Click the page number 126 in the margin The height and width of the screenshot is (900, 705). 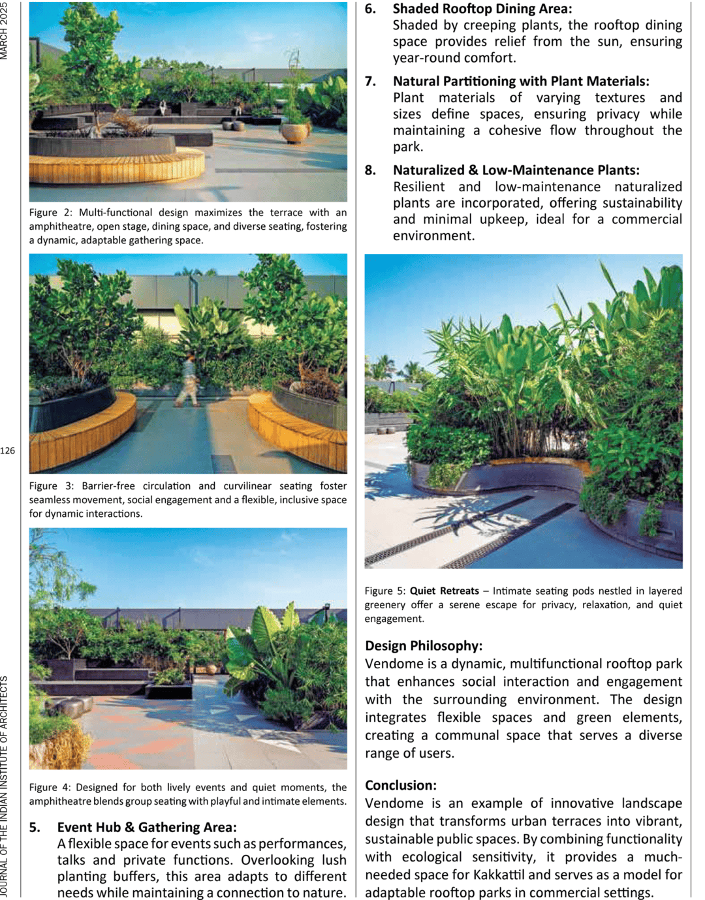click(x=8, y=450)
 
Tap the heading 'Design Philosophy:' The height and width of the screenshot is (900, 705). click(x=424, y=645)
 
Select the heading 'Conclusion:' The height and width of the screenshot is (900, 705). click(x=400, y=785)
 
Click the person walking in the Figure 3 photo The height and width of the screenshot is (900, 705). click(x=189, y=381)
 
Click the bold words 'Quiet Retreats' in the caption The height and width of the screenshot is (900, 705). click(x=444, y=591)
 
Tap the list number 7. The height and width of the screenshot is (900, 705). click(x=371, y=82)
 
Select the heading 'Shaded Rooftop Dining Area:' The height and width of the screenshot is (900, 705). click(x=482, y=9)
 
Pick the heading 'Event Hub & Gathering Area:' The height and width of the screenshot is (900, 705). click(x=147, y=827)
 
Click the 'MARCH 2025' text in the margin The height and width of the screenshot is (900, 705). click(x=5, y=31)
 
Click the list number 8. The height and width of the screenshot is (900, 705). click(x=371, y=170)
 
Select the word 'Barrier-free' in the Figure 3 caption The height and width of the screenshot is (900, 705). click(x=108, y=486)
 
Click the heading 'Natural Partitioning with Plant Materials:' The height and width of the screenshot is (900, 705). click(x=521, y=82)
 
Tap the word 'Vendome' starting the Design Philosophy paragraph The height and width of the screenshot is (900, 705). click(x=394, y=664)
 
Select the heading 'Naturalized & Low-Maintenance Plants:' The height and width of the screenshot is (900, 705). click(x=516, y=170)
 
